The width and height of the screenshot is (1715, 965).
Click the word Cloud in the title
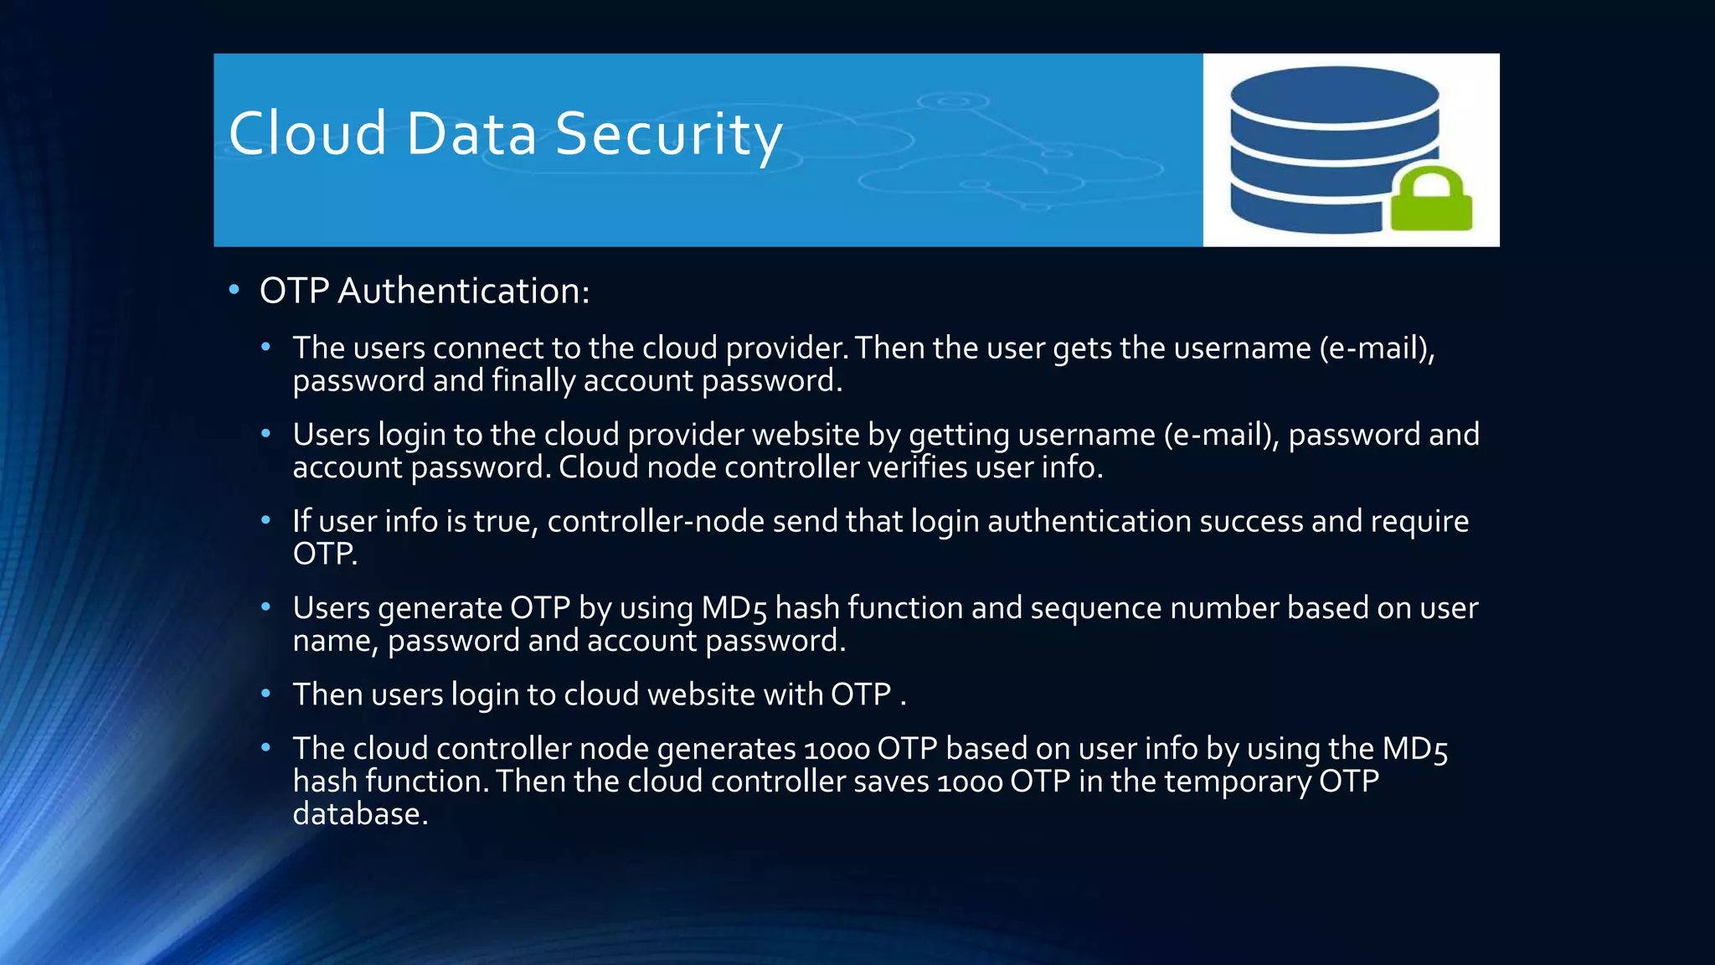pyautogui.click(x=307, y=134)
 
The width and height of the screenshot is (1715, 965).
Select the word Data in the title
pyautogui.click(x=471, y=134)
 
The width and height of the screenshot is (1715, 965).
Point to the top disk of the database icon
pyautogui.click(x=1334, y=94)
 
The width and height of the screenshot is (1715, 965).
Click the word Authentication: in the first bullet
pyautogui.click(x=464, y=292)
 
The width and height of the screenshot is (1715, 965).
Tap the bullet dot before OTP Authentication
pyautogui.click(x=234, y=290)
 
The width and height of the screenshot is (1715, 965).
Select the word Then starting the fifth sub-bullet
pyautogui.click(x=327, y=694)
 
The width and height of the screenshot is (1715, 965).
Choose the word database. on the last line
pyautogui.click(x=360, y=814)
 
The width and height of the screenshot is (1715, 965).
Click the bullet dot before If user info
pyautogui.click(x=265, y=521)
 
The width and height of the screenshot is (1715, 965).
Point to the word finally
pyautogui.click(x=533, y=381)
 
